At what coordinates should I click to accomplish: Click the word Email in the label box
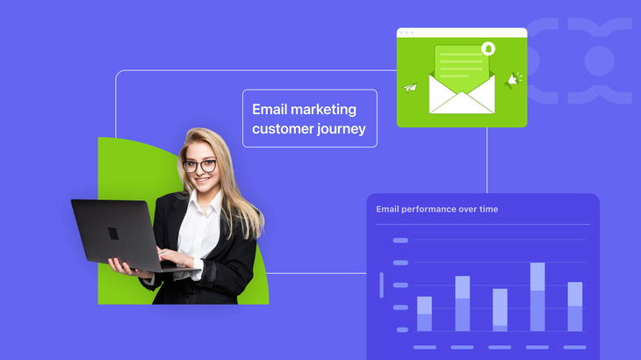[x=268, y=110]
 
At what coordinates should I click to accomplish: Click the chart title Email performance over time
[x=437, y=209]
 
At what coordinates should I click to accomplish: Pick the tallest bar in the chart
[x=537, y=297]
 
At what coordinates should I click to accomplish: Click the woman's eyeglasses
[x=200, y=165]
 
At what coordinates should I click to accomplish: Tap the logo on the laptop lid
[x=113, y=234]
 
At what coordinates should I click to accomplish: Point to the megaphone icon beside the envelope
[x=513, y=79]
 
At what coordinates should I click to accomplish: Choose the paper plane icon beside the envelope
[x=410, y=87]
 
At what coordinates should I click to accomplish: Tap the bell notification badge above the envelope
[x=488, y=48]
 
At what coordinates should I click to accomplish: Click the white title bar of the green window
[x=462, y=32]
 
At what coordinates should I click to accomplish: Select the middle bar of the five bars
[x=500, y=309]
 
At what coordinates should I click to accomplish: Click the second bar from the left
[x=462, y=303]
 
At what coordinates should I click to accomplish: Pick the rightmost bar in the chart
[x=575, y=306]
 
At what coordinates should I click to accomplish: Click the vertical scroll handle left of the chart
[x=381, y=285]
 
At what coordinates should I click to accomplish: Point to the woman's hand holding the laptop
[x=124, y=267]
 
